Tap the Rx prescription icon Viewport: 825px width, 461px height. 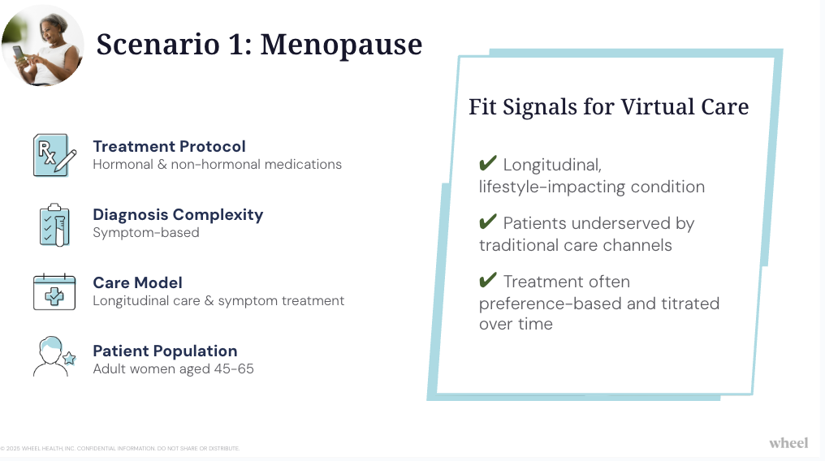54,155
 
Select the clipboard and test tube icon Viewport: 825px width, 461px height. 54,225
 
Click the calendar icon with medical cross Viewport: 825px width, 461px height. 54,291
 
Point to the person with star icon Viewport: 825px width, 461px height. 54,356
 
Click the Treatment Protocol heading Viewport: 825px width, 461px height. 169,146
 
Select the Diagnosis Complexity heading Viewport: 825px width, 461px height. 178,214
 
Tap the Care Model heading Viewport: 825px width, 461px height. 137,282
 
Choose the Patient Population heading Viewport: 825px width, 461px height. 165,351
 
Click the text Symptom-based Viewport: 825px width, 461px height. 145,232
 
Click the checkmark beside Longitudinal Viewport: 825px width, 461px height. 488,163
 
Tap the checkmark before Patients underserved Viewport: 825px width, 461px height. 488,222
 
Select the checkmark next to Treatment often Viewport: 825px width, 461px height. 488,280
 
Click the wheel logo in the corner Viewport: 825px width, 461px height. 788,443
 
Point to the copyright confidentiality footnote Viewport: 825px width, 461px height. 120,448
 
